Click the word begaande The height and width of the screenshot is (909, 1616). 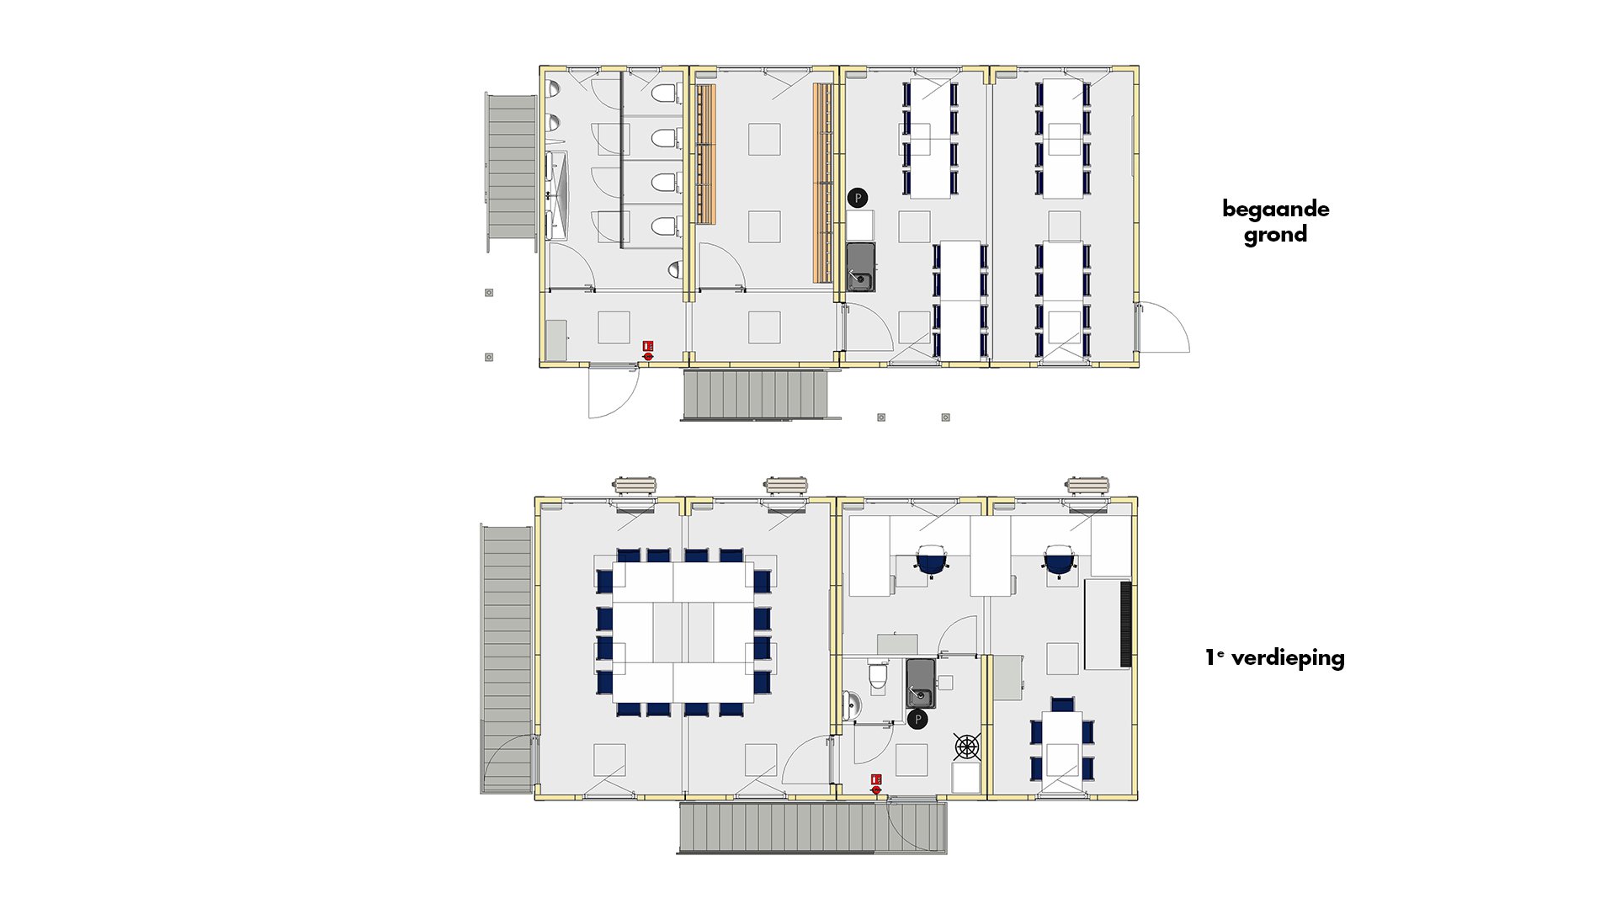tap(1275, 209)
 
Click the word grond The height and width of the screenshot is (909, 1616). tap(1275, 235)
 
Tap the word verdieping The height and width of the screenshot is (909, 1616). tap(1287, 658)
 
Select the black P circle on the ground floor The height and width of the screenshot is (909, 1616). tap(858, 198)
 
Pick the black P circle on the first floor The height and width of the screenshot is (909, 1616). tap(918, 720)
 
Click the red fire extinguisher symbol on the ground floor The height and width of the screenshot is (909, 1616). tap(648, 351)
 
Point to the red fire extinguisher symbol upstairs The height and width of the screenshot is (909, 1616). tap(876, 784)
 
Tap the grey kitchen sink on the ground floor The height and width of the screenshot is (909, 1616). tap(860, 267)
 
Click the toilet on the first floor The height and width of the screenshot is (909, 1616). tap(878, 675)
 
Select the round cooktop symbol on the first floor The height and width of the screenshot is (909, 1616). tap(967, 746)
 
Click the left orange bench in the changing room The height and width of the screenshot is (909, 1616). tap(706, 153)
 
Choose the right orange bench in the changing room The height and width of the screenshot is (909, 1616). tap(821, 183)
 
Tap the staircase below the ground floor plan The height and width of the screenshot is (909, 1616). tap(755, 395)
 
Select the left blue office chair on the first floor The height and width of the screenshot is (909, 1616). tap(932, 560)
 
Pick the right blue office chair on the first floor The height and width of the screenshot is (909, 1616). tap(1060, 560)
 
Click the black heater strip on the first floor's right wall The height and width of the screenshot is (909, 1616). tap(1124, 624)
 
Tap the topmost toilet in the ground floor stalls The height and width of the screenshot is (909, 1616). tap(664, 93)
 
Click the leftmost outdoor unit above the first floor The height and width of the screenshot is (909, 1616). tap(635, 485)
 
